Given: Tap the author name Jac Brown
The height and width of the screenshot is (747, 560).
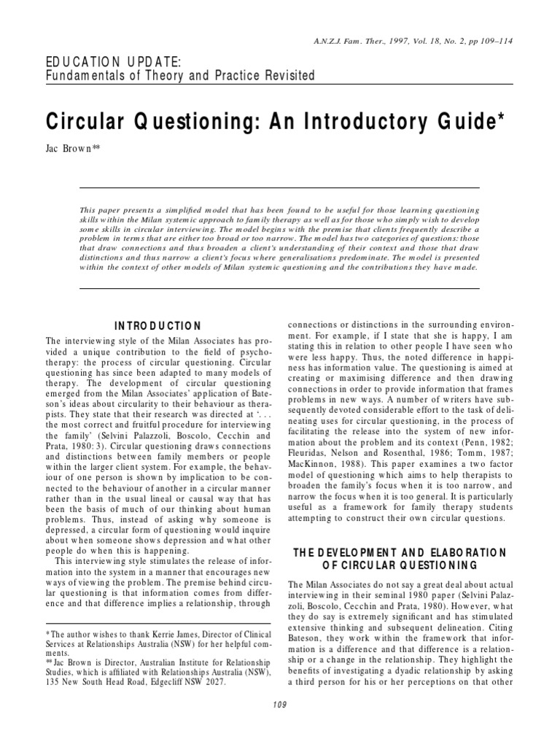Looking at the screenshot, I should pyautogui.click(x=71, y=149).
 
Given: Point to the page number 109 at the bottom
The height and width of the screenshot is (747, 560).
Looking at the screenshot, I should pyautogui.click(x=280, y=704).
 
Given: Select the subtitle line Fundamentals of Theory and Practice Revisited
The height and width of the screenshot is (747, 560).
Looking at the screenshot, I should pyautogui.click(x=181, y=75).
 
